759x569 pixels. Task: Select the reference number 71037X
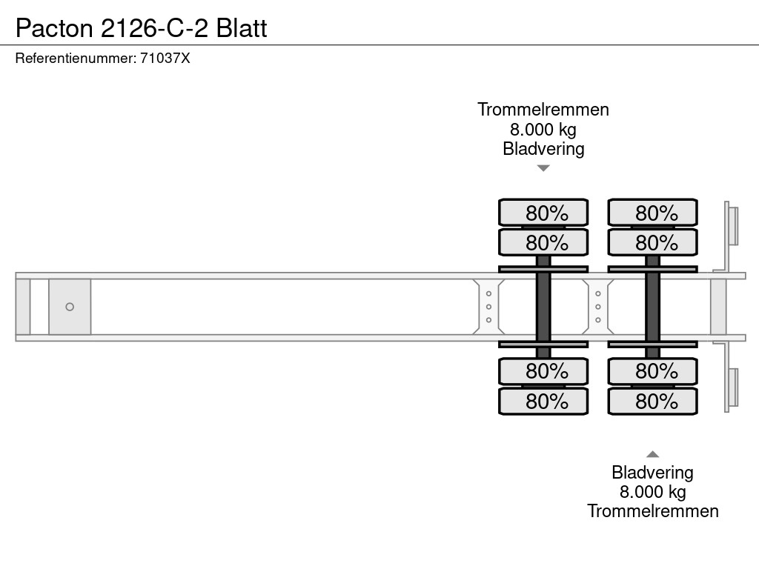pyautogui.click(x=165, y=58)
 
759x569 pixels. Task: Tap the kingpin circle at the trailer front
pyautogui.click(x=70, y=307)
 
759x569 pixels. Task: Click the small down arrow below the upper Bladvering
pyautogui.click(x=543, y=168)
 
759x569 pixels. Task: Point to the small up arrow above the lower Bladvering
pyautogui.click(x=652, y=454)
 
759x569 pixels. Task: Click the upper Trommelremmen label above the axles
pyautogui.click(x=543, y=110)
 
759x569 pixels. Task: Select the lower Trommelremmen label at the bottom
pyautogui.click(x=652, y=511)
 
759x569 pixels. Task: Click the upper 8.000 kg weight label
pyautogui.click(x=543, y=130)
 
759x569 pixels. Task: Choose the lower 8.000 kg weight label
pyautogui.click(x=652, y=492)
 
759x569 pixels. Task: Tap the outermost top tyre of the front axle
pyautogui.click(x=543, y=213)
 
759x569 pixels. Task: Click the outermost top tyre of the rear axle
pyautogui.click(x=652, y=213)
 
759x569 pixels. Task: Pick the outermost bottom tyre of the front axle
pyautogui.click(x=543, y=402)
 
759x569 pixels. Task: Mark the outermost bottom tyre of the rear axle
pyautogui.click(x=652, y=402)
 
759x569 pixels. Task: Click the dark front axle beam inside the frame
pyautogui.click(x=543, y=307)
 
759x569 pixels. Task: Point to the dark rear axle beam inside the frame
pyautogui.click(x=652, y=307)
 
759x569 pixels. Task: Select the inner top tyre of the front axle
pyautogui.click(x=543, y=242)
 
